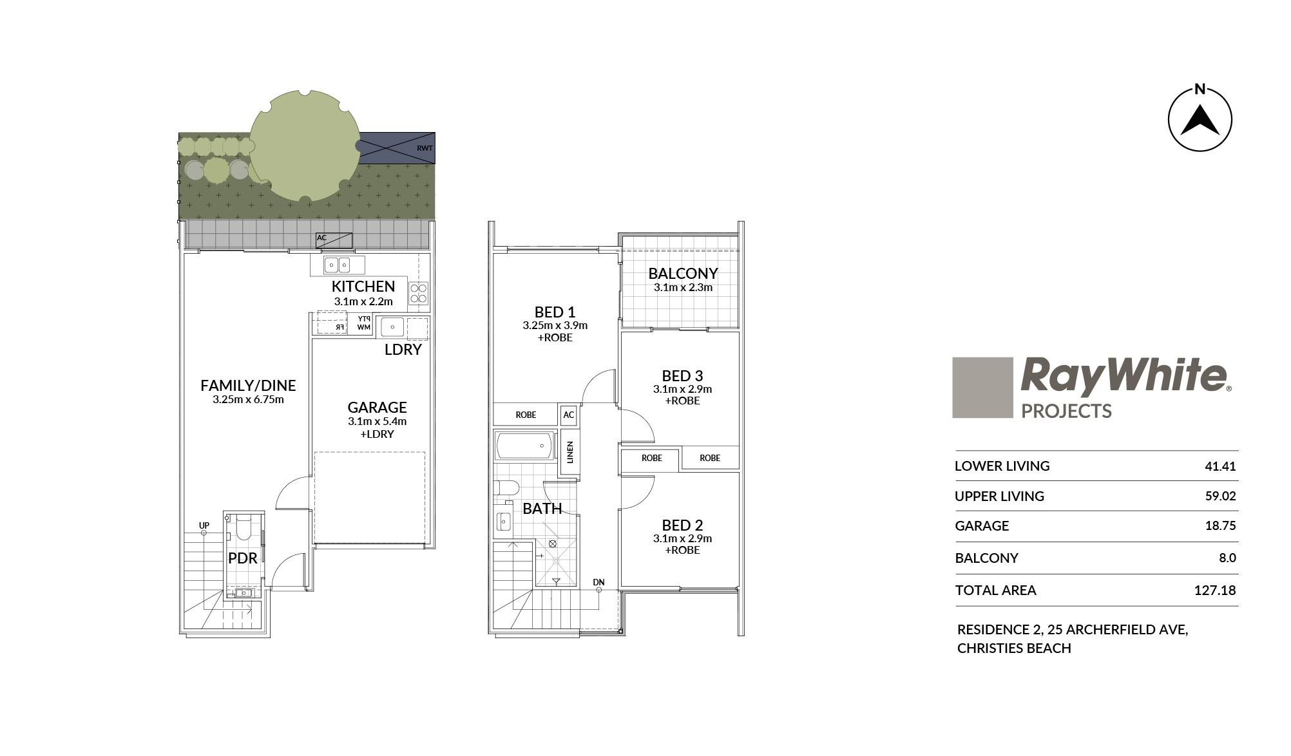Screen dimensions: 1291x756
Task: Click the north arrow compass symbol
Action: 1200,120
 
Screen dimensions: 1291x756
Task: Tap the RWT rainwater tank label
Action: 425,148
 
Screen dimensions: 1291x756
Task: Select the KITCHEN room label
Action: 363,286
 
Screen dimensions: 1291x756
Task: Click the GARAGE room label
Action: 377,407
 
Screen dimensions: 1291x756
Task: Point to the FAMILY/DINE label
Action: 248,385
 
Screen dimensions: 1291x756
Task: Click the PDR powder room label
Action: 243,558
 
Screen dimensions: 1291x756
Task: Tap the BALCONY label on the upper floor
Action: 683,273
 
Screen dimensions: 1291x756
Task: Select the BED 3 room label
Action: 682,375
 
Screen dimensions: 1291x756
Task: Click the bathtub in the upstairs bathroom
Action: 524,446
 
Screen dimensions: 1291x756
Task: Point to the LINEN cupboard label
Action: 569,453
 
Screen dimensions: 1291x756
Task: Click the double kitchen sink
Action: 338,265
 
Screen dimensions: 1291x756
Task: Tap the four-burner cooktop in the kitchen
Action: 419,293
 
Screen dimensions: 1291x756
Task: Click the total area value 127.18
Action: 1215,590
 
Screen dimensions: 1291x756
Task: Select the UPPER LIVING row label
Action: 999,496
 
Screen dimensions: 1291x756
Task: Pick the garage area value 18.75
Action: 1220,525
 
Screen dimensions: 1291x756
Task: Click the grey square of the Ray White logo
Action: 982,388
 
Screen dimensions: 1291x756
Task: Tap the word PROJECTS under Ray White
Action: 1066,411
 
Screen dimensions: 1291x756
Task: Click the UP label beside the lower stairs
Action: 204,525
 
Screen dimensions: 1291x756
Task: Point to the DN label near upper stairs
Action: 599,583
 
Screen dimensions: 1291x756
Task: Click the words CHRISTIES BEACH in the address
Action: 1014,648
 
